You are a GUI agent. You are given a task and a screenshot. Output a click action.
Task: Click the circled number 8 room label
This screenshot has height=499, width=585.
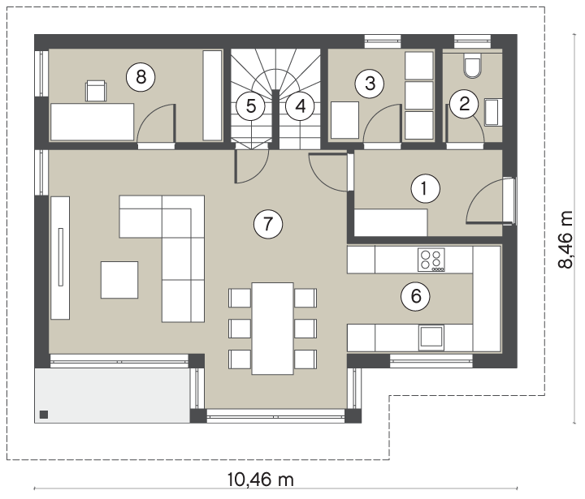[x=141, y=78]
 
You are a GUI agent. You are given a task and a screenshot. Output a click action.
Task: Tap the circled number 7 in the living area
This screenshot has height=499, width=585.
[x=268, y=224]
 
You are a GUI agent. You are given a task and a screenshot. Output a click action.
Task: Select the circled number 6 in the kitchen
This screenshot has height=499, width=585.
[x=415, y=296]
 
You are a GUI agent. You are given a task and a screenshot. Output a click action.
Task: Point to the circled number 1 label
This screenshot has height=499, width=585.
[x=425, y=188]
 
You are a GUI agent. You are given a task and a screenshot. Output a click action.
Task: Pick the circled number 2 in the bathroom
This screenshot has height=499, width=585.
[x=464, y=104]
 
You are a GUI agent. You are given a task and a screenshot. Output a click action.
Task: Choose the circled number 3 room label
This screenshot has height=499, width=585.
[x=370, y=84]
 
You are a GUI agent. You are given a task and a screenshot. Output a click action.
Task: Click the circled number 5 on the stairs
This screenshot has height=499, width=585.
[x=251, y=106]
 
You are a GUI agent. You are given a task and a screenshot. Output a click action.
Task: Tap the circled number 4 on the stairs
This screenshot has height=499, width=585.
[x=301, y=106]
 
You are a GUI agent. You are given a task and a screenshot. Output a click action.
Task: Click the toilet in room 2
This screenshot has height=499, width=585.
[x=472, y=65]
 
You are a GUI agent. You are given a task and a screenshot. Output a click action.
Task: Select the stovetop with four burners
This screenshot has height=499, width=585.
[x=431, y=260]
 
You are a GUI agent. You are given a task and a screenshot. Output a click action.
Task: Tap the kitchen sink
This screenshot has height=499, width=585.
[x=431, y=338]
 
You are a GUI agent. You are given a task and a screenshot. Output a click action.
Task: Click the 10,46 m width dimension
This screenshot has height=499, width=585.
[x=261, y=480]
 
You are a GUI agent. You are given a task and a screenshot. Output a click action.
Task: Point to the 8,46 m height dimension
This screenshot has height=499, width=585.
[x=566, y=239]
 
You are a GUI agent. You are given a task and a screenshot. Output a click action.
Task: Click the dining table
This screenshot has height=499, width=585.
[x=273, y=329]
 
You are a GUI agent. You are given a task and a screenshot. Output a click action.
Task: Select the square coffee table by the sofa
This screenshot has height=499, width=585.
[x=119, y=280]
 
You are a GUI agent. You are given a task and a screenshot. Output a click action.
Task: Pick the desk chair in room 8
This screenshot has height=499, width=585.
[x=96, y=91]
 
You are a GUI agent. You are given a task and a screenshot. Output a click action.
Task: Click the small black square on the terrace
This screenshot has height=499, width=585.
[x=44, y=415]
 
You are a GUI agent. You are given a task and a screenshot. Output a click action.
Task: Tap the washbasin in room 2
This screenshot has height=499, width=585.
[x=493, y=112]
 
